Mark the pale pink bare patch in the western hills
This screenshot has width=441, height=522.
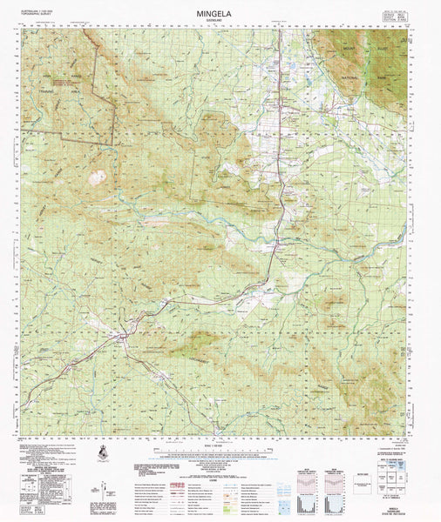[98, 177]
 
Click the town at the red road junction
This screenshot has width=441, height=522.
[125, 334]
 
